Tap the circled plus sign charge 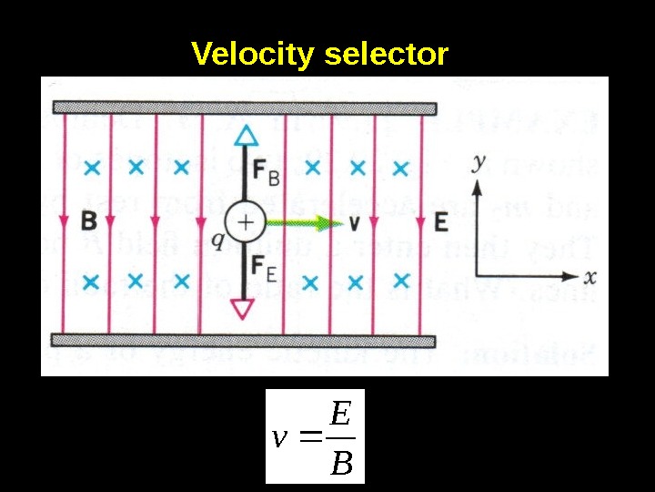[243, 222]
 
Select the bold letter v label [354, 222]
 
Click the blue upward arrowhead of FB [243, 136]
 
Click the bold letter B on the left [88, 220]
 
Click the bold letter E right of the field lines [441, 221]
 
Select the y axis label [479, 164]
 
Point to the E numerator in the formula [340, 415]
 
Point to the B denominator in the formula [340, 466]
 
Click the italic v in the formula [281, 439]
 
